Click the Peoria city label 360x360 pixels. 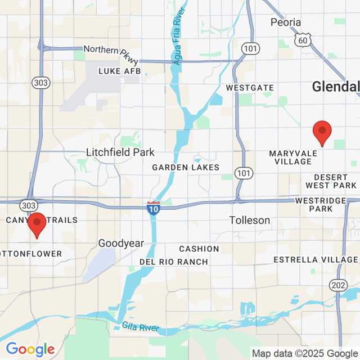(x=286, y=22)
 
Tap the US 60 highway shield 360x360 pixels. (x=303, y=39)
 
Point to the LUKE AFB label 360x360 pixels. (x=119, y=71)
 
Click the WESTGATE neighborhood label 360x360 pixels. (x=250, y=88)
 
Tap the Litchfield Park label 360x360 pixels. (x=120, y=152)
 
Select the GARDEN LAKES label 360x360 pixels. (x=186, y=168)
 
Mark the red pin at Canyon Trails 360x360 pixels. (x=37, y=225)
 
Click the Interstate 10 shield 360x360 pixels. (x=153, y=208)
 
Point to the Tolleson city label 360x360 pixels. (x=250, y=220)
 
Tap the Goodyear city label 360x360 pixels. (x=121, y=244)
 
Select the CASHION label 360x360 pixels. (x=199, y=249)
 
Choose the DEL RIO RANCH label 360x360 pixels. (x=174, y=262)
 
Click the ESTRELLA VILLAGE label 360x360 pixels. (x=316, y=259)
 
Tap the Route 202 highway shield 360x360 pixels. (x=339, y=285)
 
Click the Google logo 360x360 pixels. (x=30, y=349)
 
